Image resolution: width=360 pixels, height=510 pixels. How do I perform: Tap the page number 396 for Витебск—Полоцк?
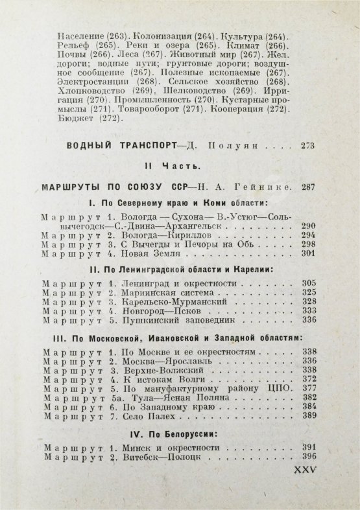click(x=309, y=457)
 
